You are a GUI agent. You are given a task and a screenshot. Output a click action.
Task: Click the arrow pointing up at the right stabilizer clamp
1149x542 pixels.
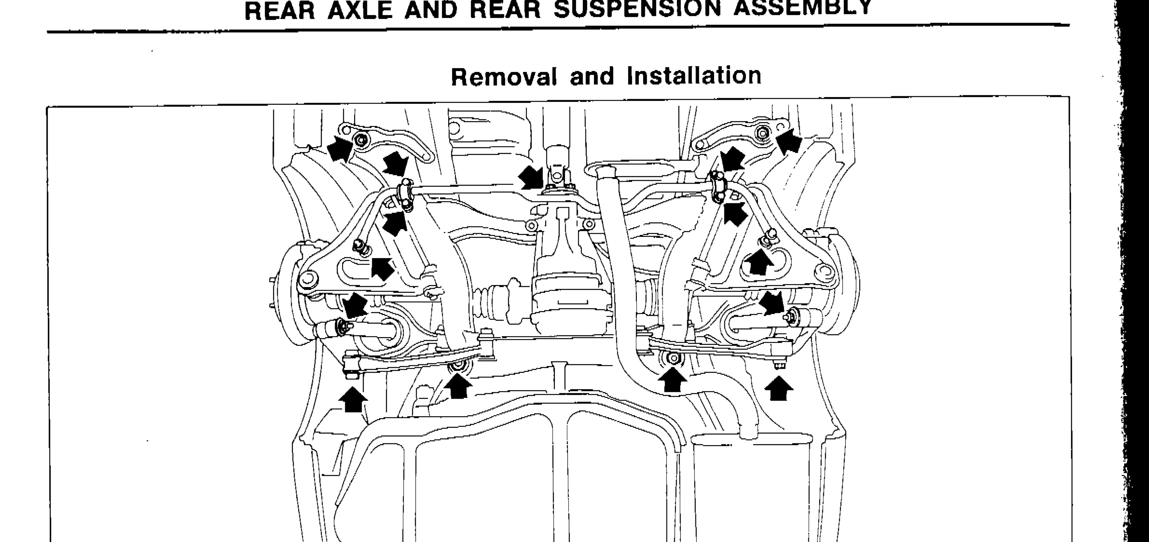(x=735, y=213)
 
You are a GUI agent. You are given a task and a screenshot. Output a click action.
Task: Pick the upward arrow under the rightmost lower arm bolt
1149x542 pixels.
(x=779, y=388)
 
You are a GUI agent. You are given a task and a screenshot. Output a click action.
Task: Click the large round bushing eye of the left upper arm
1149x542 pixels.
(x=308, y=279)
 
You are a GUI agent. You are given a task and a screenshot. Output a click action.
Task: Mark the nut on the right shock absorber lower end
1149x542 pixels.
(x=792, y=316)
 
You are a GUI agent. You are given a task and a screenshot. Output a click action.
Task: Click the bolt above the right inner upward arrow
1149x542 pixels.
(x=673, y=358)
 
